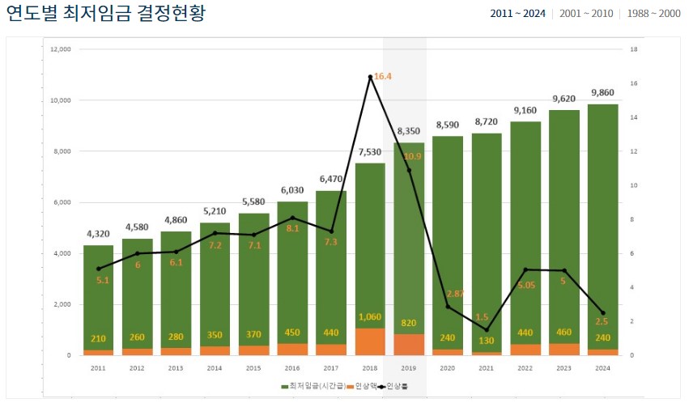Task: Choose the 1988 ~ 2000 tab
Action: (654, 15)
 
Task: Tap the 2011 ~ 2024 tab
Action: (517, 15)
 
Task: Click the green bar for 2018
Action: (370, 243)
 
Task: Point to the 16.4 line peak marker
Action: (370, 77)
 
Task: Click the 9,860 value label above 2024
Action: (603, 92)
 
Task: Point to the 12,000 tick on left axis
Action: (61, 49)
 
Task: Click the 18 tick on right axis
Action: (634, 49)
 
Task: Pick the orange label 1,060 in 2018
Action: (370, 317)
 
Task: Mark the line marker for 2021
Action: (487, 329)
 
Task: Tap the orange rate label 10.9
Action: (413, 156)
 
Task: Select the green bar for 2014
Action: (215, 283)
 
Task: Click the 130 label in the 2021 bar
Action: (487, 341)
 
